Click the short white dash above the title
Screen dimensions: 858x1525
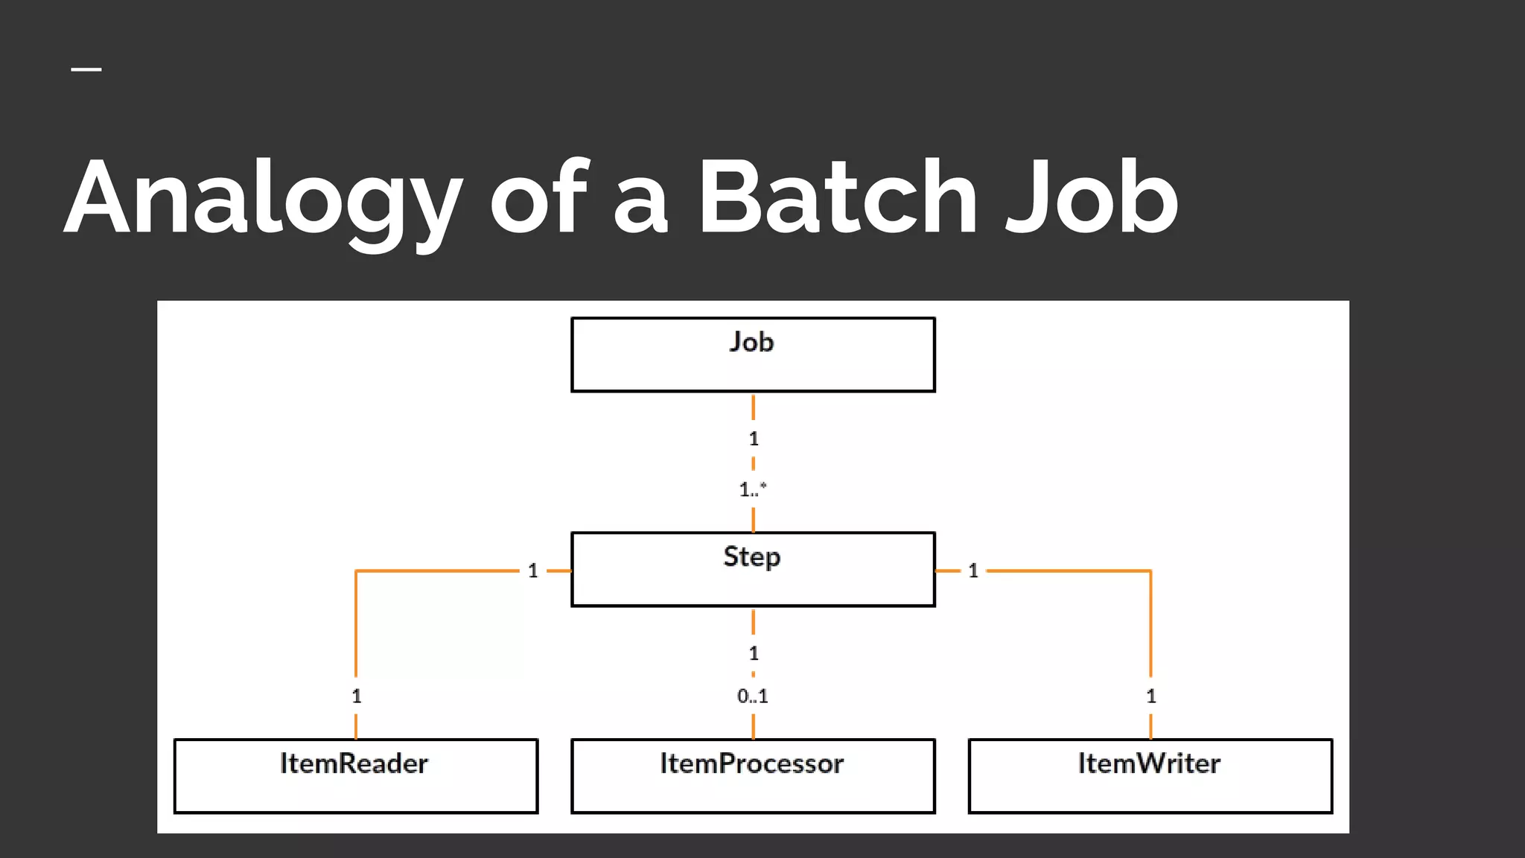86,70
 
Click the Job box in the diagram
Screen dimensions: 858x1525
753,355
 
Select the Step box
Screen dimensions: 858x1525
753,569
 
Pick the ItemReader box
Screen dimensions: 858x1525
356,775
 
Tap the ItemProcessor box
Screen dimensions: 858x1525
753,775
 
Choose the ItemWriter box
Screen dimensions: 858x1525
1150,775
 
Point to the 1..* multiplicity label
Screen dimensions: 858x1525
753,489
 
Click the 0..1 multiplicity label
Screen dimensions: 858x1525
753,696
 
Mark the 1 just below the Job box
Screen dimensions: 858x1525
754,439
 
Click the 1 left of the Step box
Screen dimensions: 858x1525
533,571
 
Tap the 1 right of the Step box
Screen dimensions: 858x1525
973,571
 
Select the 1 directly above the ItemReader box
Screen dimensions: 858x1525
357,696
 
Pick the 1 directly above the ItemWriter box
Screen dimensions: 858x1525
1151,696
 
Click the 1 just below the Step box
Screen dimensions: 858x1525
754,653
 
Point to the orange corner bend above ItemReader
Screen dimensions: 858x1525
357,571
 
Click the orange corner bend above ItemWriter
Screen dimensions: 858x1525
1150,571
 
